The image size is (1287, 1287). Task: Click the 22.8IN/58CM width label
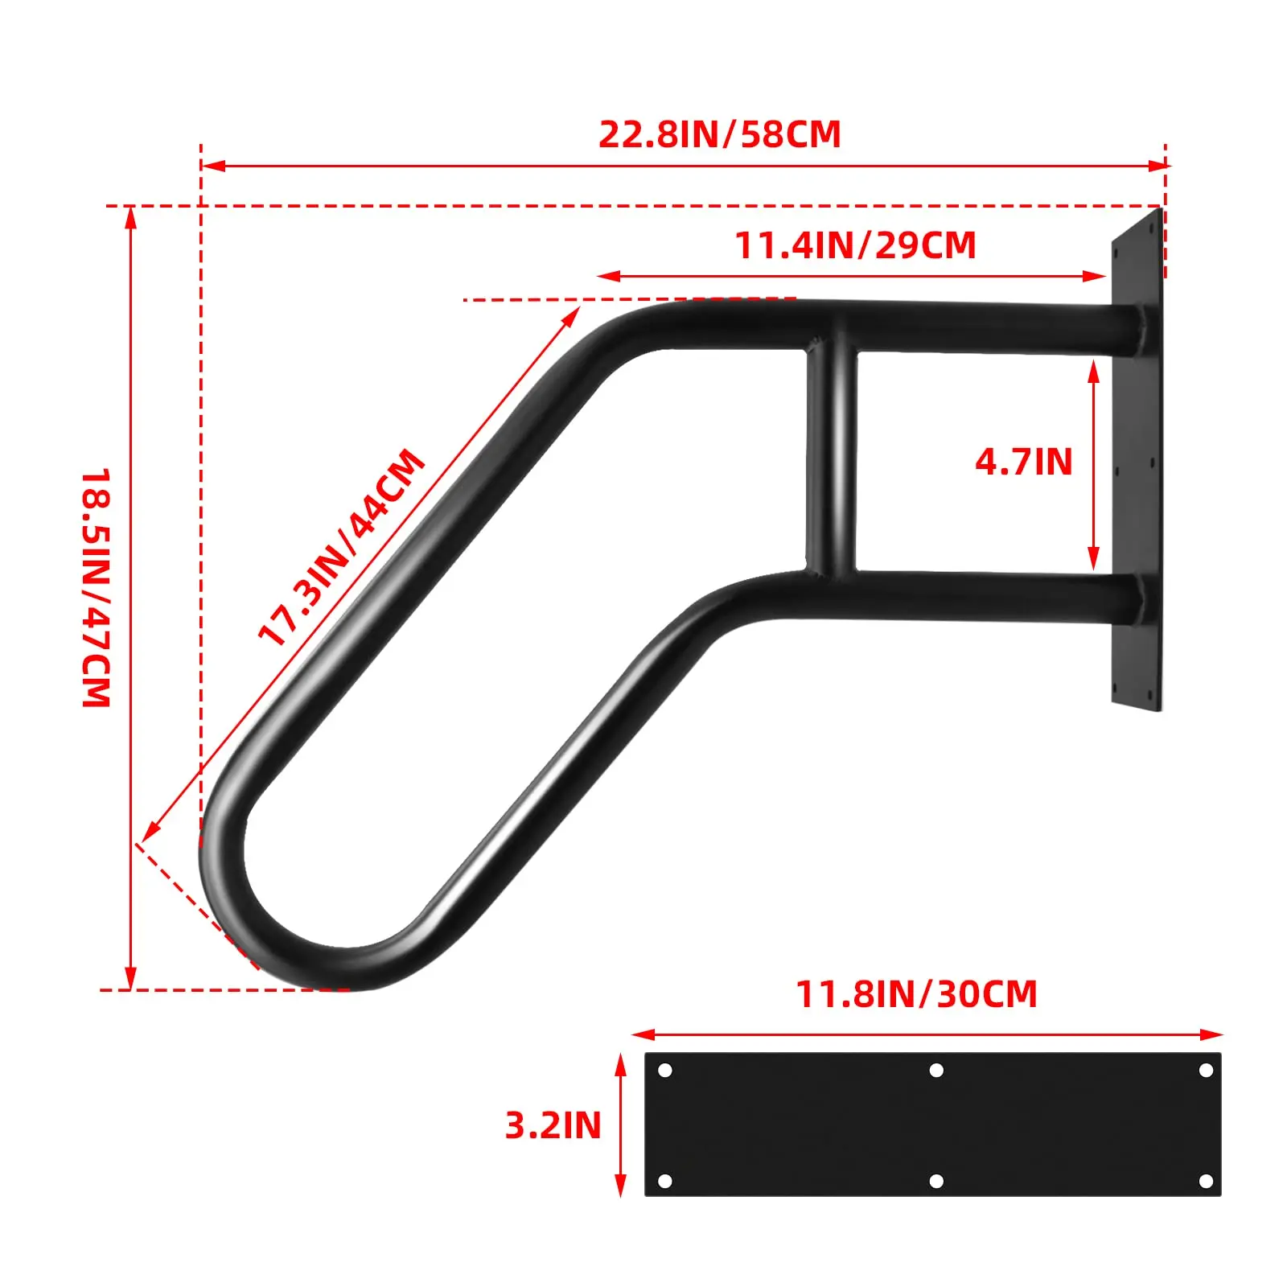tap(719, 134)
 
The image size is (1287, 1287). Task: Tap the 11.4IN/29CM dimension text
tap(855, 245)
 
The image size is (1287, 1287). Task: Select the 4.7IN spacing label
tap(1023, 462)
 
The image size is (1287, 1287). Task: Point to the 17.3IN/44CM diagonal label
tap(341, 547)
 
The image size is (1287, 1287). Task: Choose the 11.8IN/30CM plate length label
tap(916, 994)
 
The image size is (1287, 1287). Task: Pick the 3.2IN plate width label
tap(553, 1125)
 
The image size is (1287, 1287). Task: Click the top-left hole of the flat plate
tap(665, 1071)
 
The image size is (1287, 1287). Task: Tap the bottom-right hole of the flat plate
tap(1205, 1181)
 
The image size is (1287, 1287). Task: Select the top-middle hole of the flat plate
tap(936, 1071)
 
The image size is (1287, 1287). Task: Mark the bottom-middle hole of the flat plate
tap(936, 1181)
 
